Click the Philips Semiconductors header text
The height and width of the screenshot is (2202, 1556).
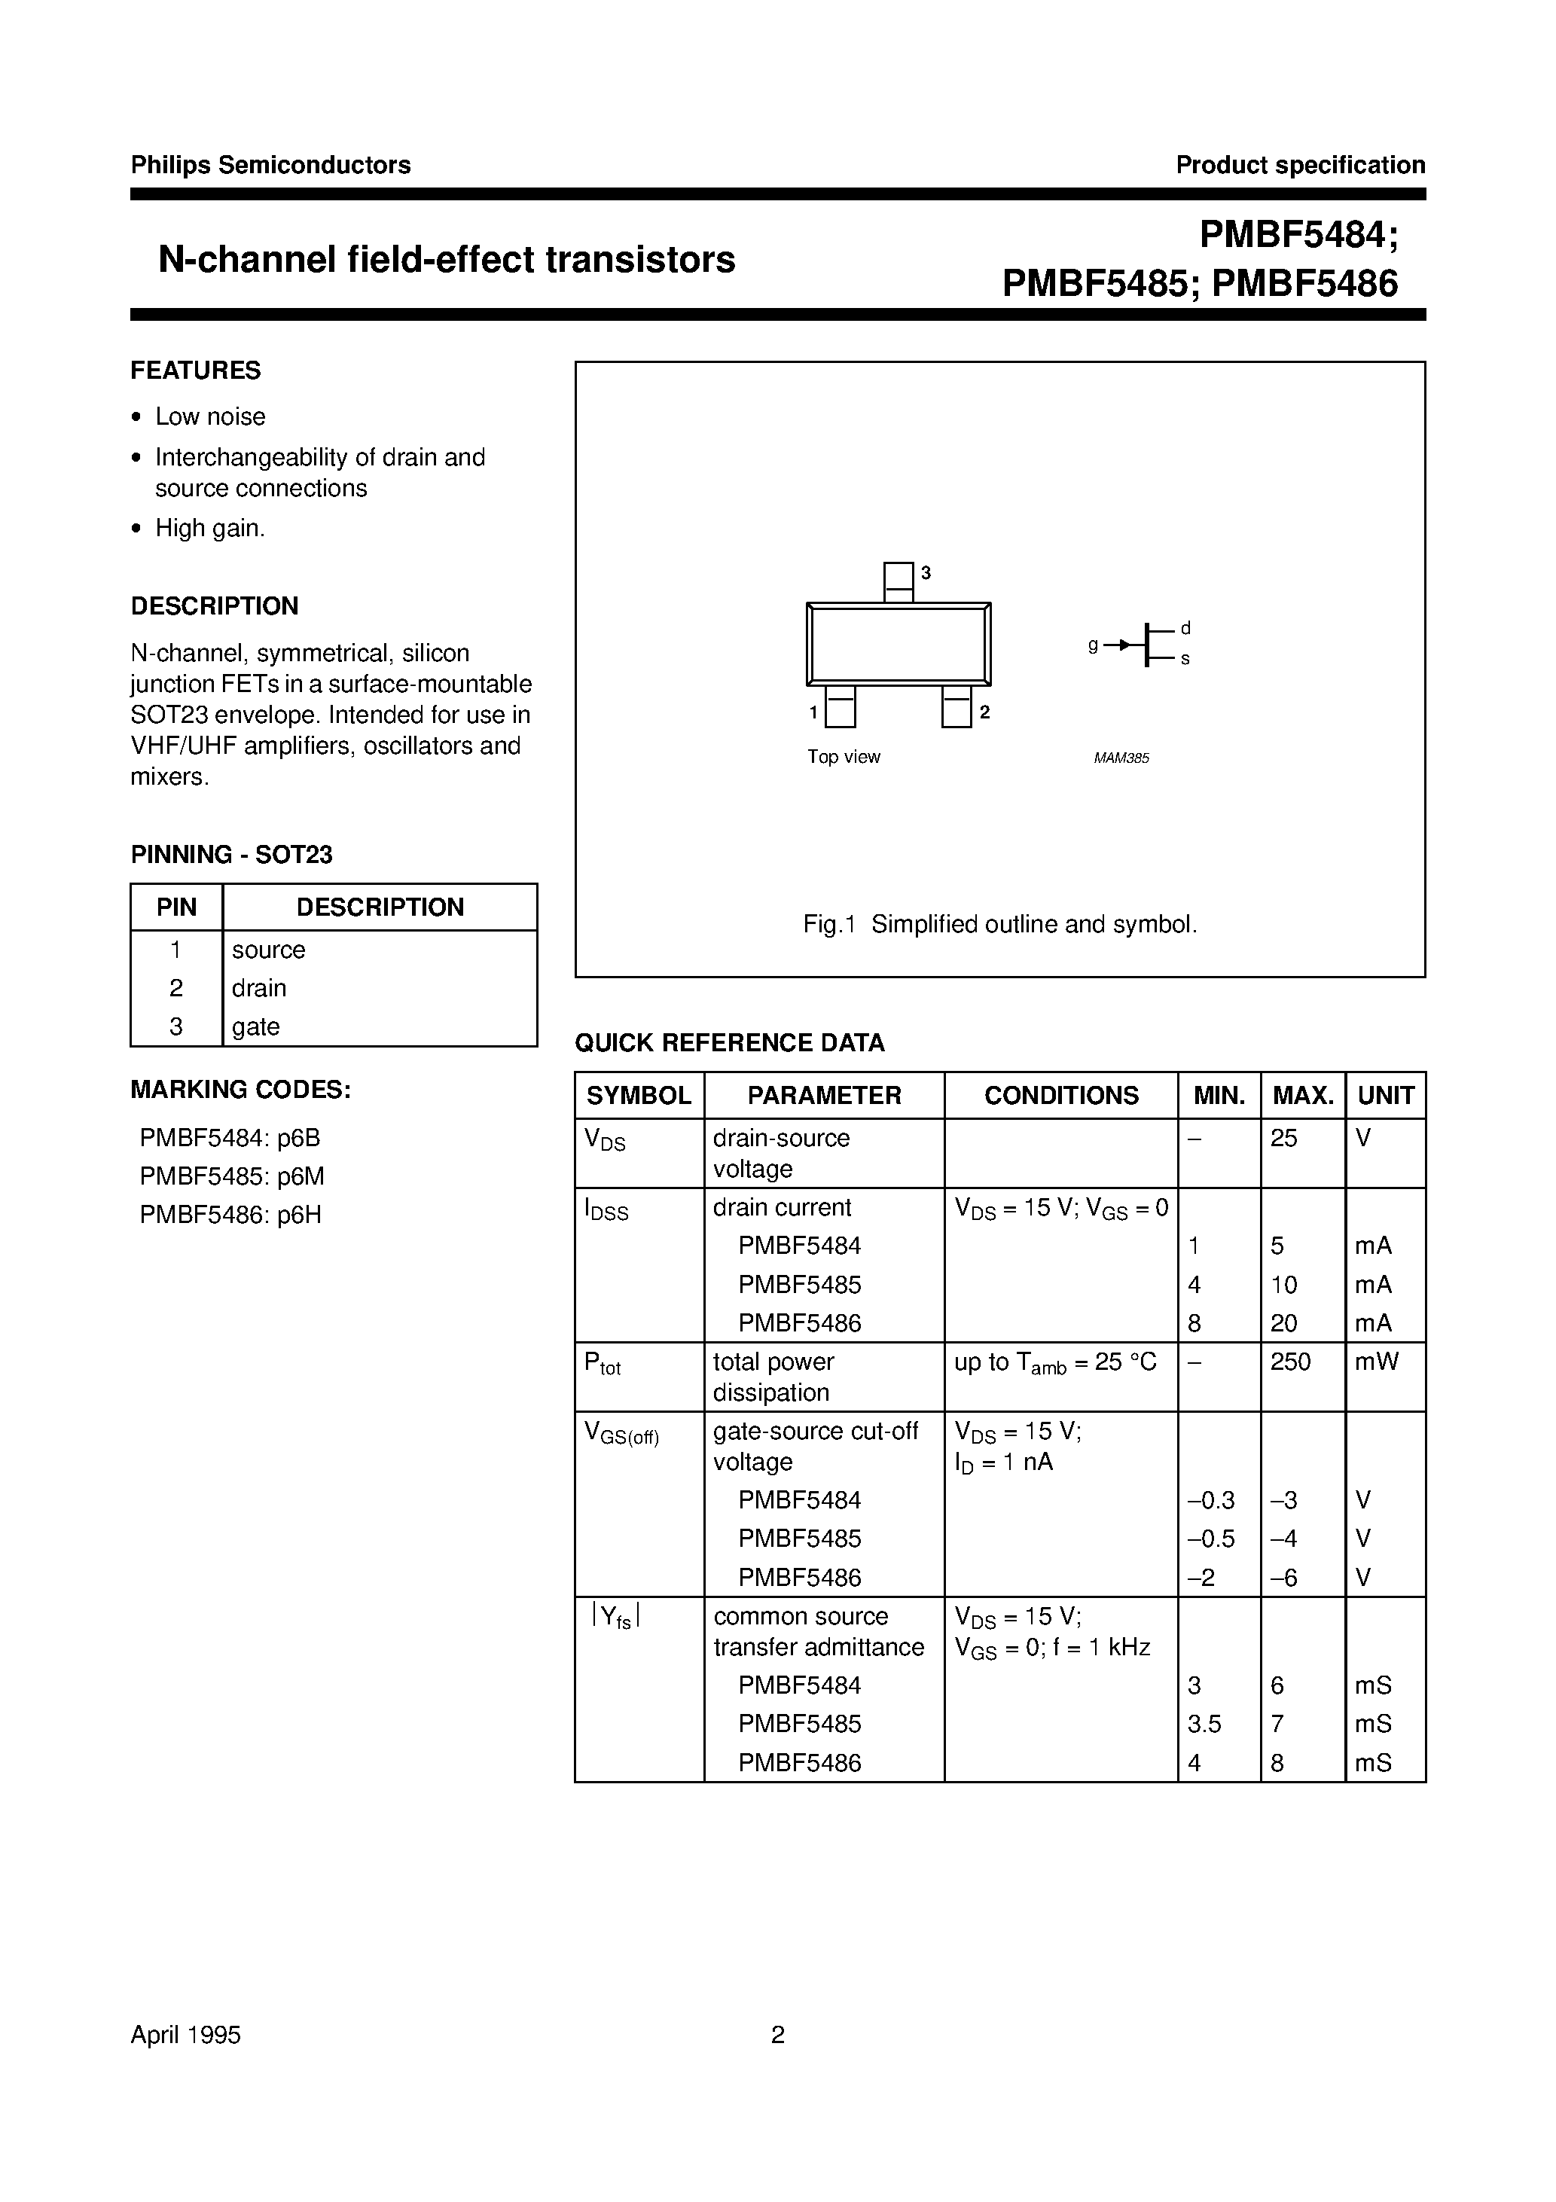coord(270,165)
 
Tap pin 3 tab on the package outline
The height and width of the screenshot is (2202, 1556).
coord(898,581)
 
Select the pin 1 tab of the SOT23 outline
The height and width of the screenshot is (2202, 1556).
coord(841,707)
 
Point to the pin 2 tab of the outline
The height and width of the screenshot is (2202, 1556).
coord(956,707)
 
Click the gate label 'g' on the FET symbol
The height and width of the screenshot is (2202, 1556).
coord(1093,645)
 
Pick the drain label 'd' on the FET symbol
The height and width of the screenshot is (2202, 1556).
coord(1185,628)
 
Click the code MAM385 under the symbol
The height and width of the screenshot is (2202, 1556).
coord(1121,758)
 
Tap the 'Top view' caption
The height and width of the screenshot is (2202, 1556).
coord(844,757)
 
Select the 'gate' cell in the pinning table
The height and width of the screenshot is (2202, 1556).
coord(256,1026)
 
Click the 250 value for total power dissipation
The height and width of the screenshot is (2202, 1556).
coord(1290,1362)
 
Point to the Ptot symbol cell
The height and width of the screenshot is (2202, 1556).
coord(603,1364)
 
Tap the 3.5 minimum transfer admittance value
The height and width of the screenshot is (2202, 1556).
coord(1204,1724)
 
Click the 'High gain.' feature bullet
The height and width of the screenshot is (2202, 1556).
coord(210,529)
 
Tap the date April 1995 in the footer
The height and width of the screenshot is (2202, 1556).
coord(185,2035)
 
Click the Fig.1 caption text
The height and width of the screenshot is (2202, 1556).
coord(1001,925)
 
